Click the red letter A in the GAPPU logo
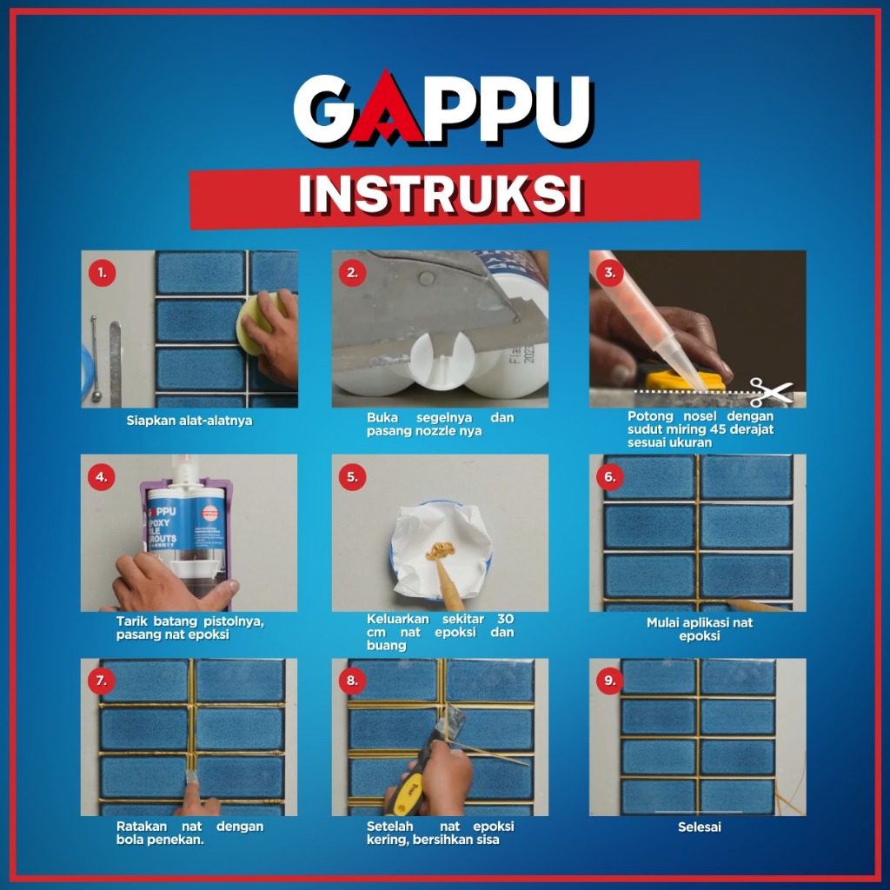pos(387,110)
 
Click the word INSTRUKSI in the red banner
pos(441,195)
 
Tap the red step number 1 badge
pos(103,273)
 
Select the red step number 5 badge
pos(353,477)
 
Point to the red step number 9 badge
pos(609,681)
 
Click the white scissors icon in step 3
pos(770,392)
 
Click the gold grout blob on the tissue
pos(440,550)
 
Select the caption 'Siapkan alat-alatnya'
pos(189,421)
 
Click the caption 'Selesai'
pos(700,827)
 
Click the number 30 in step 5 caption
pos(505,619)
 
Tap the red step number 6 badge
pos(609,477)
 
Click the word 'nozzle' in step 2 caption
pos(432,431)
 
